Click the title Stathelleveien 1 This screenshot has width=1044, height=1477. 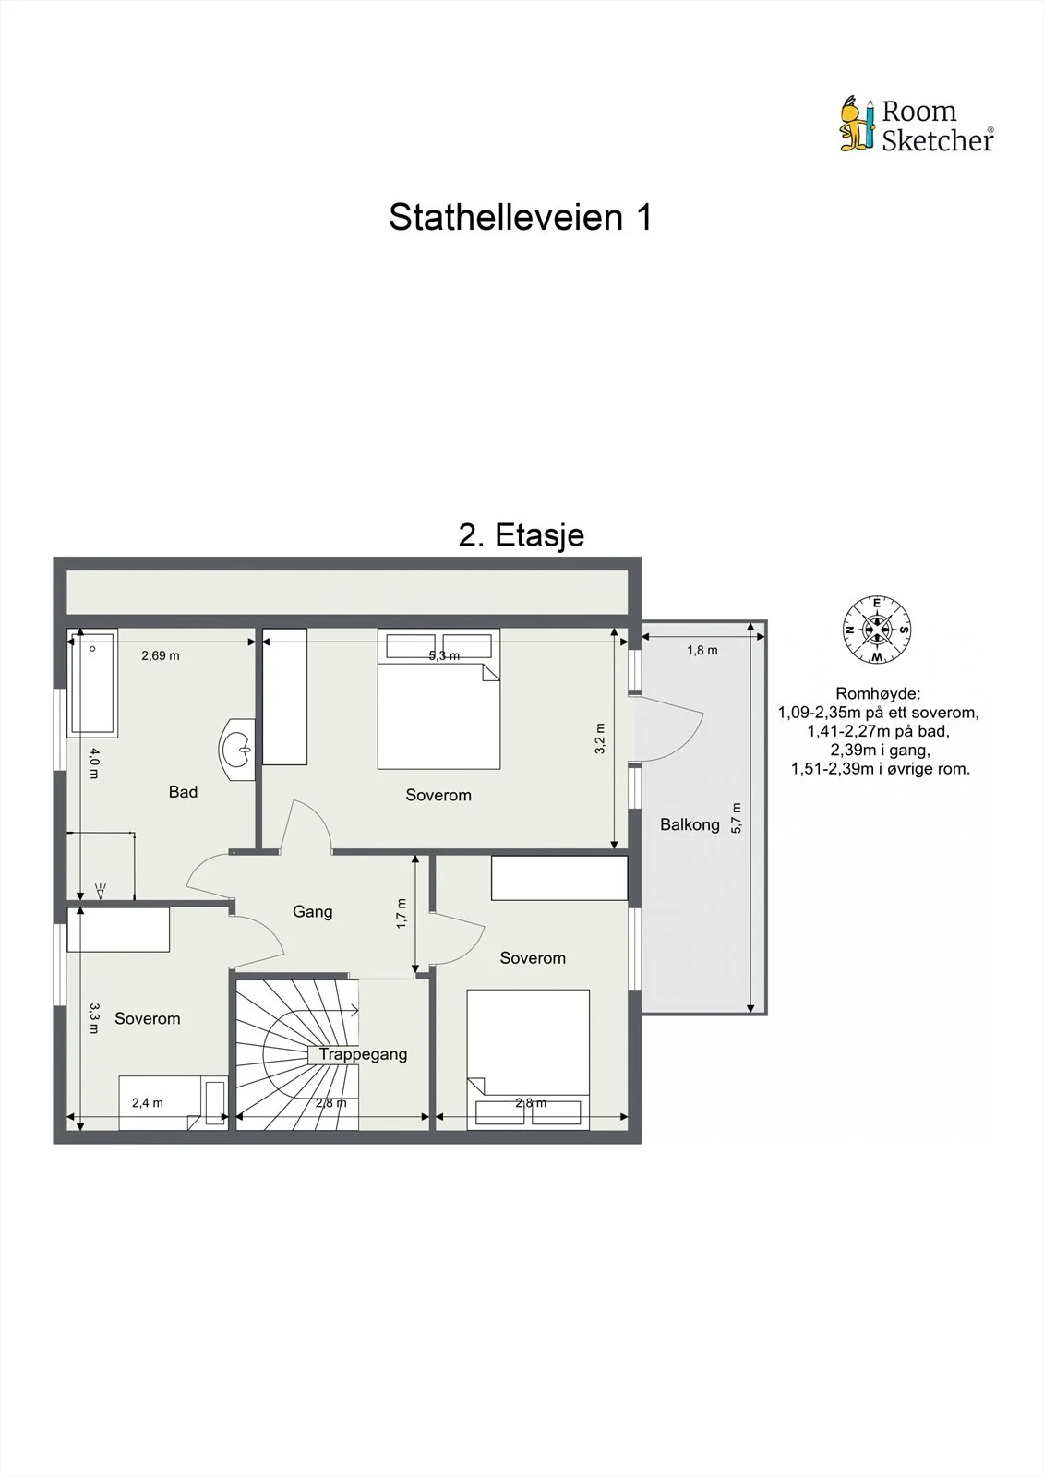point(521,217)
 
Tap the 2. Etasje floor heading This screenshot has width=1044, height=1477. point(521,534)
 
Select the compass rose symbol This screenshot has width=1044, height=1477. point(877,630)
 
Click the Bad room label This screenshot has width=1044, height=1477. point(183,792)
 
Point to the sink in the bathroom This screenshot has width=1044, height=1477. point(237,750)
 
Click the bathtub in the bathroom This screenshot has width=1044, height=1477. point(92,682)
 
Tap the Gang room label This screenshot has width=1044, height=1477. point(313,912)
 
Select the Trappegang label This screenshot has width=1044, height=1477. point(364,1054)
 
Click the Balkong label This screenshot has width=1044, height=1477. point(690,825)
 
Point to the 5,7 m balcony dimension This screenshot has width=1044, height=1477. point(737,818)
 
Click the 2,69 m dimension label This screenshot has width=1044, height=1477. point(161,655)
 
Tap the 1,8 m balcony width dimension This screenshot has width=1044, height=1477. point(702,650)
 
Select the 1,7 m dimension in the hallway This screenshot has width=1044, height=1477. point(402,913)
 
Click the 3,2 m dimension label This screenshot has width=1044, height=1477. point(599,738)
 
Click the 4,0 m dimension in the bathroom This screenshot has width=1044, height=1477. point(94,763)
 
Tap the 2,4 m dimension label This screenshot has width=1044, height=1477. point(147,1102)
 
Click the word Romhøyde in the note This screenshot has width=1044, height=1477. point(877,693)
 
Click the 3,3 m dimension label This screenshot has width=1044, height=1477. point(94,1018)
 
